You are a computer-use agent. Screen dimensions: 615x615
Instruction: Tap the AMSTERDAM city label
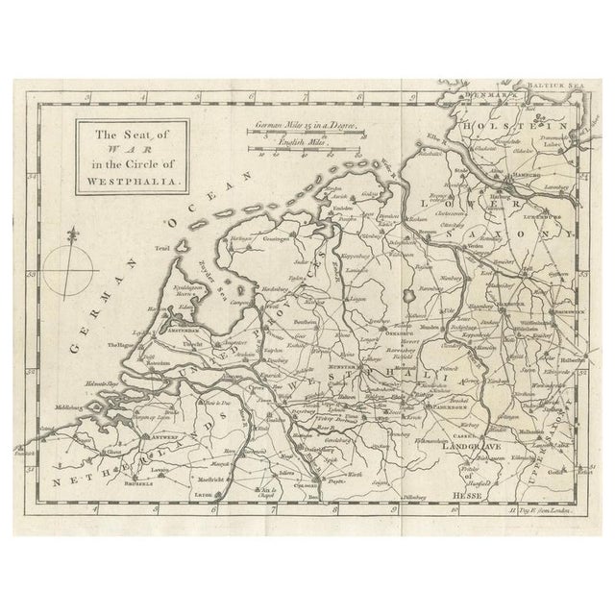(x=183, y=328)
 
